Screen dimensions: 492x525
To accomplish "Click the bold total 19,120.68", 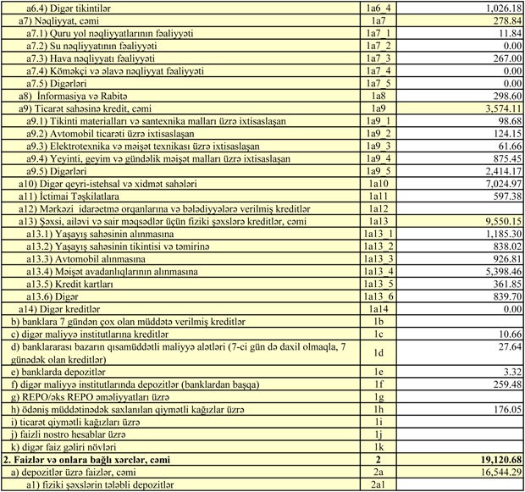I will tap(495, 458).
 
